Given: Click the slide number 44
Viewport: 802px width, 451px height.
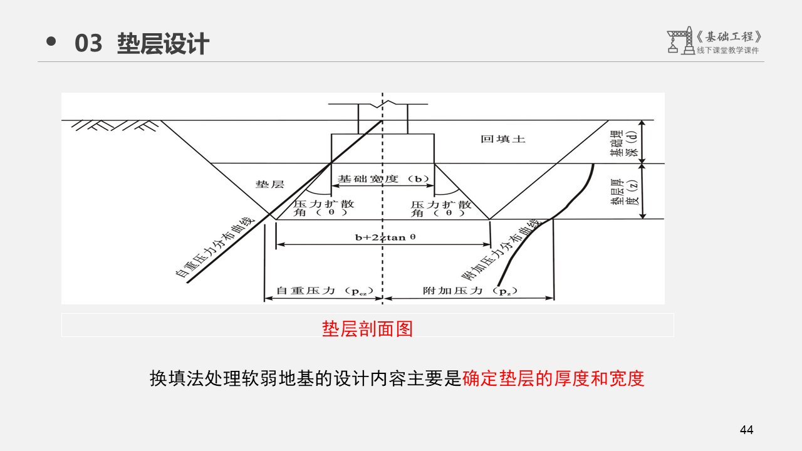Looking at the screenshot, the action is [x=746, y=430].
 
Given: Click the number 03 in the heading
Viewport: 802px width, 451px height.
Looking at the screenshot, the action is [x=88, y=44].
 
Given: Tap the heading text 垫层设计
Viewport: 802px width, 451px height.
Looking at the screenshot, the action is [x=163, y=44].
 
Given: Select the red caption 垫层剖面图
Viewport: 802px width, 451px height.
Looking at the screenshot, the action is [x=367, y=328].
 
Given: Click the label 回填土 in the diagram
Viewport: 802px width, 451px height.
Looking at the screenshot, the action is [x=503, y=139].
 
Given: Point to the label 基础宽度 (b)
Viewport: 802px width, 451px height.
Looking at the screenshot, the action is [x=383, y=179].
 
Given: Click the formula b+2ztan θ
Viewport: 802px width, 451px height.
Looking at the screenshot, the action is [x=385, y=237].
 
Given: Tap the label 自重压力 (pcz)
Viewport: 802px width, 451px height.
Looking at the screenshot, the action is [x=325, y=291].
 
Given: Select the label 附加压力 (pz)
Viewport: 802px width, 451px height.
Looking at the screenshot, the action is [x=468, y=291].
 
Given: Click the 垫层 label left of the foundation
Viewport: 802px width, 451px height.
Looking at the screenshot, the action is [x=269, y=184].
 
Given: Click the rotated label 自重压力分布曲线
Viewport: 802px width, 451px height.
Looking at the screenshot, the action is [x=215, y=247].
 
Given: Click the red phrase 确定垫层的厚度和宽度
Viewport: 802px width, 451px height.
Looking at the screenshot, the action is [x=553, y=378].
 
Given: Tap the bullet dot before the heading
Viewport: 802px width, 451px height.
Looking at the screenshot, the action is [x=51, y=42].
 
